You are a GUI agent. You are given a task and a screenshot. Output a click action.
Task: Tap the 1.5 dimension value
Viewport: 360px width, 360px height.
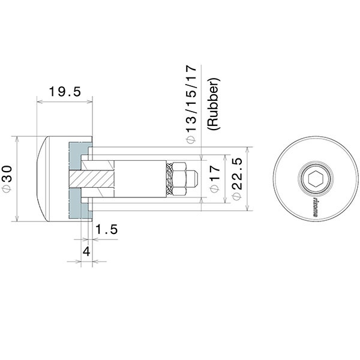[x=106, y=229]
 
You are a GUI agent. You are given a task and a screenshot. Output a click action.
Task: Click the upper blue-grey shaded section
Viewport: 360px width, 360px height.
[x=78, y=153]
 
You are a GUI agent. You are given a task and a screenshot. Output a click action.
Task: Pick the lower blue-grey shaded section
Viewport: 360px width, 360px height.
[x=78, y=205]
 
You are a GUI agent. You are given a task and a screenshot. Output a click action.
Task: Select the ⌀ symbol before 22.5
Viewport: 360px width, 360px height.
[x=236, y=196]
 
